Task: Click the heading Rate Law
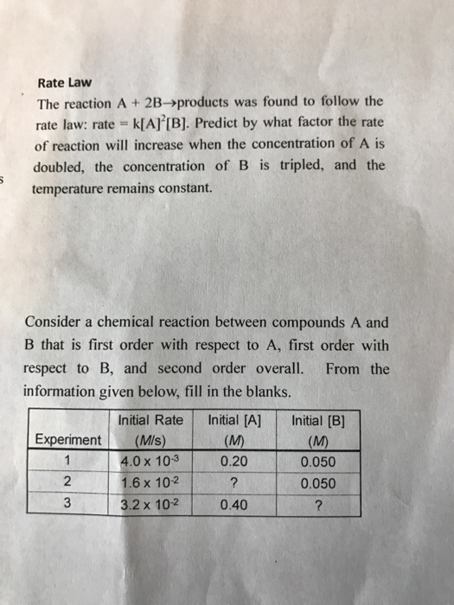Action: (61, 84)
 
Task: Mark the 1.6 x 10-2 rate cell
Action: (150, 482)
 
